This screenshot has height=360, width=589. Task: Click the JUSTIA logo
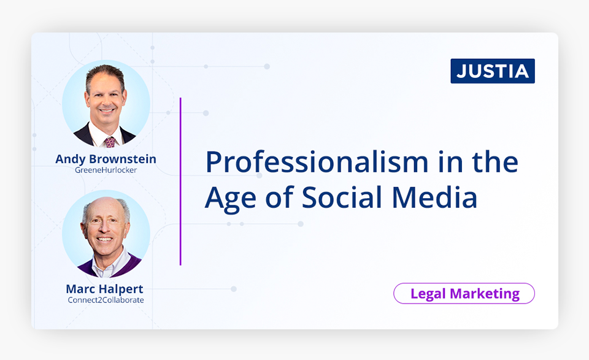point(493,71)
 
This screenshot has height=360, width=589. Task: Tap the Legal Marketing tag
point(464,293)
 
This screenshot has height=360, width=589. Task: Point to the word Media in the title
point(434,197)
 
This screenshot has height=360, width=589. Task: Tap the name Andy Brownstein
point(106,159)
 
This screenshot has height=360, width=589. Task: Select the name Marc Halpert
point(104,289)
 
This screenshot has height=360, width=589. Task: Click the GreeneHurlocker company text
point(106,170)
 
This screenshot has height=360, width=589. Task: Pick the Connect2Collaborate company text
point(106,300)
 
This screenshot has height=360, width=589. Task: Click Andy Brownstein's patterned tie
point(110,142)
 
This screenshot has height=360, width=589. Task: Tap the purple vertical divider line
point(180,182)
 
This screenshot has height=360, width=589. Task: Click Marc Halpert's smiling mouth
point(104,239)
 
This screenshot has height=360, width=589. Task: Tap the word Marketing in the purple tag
point(485,294)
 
